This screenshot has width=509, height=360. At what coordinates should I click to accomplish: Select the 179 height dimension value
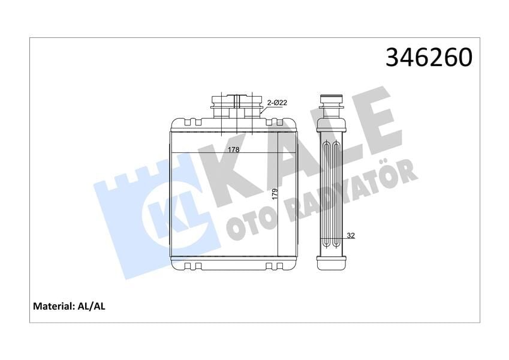point(275,194)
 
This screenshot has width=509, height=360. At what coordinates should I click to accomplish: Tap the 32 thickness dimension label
point(351,236)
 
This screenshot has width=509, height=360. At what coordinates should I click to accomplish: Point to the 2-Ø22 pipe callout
point(278,103)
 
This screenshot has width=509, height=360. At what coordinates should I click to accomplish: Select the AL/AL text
point(92,306)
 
